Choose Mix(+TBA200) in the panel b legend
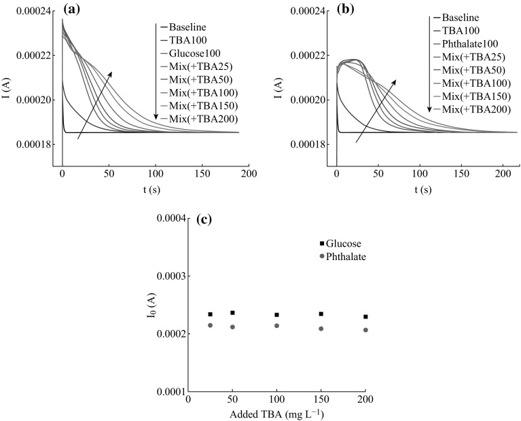click(x=467, y=109)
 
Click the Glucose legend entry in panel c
click(x=344, y=244)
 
